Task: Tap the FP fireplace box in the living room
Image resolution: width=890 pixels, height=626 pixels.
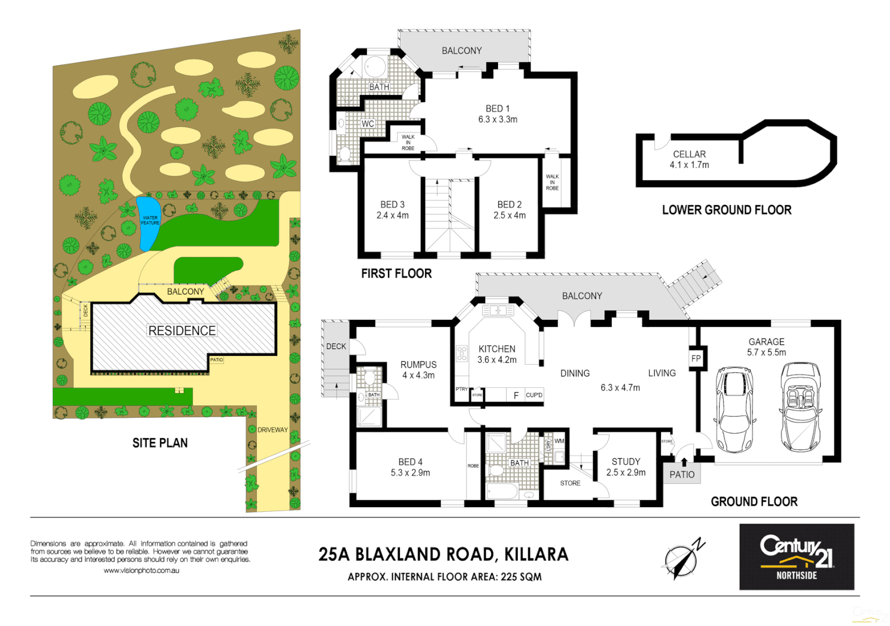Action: click(x=696, y=358)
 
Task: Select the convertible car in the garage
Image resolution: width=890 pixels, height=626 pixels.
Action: click(x=800, y=407)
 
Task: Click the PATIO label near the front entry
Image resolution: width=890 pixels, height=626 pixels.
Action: click(x=682, y=474)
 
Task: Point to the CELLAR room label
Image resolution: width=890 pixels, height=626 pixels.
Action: click(x=689, y=154)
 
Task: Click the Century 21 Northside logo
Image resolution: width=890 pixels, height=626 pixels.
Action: click(x=797, y=556)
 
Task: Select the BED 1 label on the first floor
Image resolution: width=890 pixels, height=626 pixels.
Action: click(x=497, y=108)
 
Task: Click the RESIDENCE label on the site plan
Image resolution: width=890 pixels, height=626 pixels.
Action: click(x=182, y=330)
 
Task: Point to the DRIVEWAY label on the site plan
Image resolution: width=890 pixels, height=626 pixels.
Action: click(x=273, y=430)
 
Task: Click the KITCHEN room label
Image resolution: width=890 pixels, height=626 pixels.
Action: click(x=497, y=349)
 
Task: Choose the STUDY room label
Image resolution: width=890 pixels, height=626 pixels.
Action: click(x=626, y=461)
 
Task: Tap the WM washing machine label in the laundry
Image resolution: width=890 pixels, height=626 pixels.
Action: click(x=559, y=441)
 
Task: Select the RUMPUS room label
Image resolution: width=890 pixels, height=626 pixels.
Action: click(x=418, y=365)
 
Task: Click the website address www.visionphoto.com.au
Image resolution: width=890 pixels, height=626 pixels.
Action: click(x=141, y=570)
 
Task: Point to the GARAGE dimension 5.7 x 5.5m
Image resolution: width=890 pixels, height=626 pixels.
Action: click(x=767, y=352)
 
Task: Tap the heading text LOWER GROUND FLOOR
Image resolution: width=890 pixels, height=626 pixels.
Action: click(x=726, y=210)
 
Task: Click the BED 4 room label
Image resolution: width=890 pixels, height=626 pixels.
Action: click(x=411, y=462)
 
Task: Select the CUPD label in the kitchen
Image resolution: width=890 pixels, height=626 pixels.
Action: click(x=534, y=395)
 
